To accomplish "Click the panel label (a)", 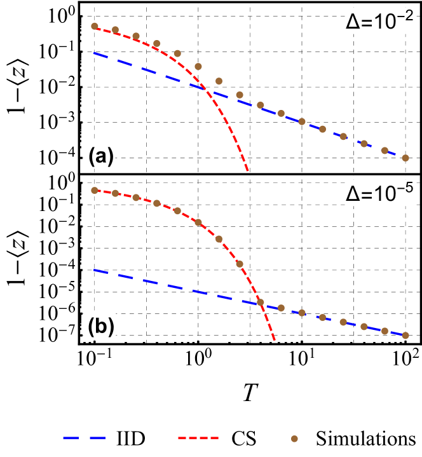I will coord(100,156).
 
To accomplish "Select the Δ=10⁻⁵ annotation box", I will coord(379,193).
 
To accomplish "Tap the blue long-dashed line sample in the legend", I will coord(84,438).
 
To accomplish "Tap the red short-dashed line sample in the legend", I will coord(198,438).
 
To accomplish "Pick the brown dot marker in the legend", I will coord(294,439).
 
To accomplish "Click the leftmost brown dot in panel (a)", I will coord(95,26).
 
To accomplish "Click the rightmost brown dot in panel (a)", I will coord(405,158).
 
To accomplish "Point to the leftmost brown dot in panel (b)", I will coord(95,190).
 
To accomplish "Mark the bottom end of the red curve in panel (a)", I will coord(248,170).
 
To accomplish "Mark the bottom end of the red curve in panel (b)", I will coord(275,341).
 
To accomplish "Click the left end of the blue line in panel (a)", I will coord(94,53).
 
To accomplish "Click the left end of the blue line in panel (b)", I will coord(94,270).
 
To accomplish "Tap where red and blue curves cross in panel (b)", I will coord(261,303).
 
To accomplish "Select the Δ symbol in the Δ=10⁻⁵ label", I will coord(353,195).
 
